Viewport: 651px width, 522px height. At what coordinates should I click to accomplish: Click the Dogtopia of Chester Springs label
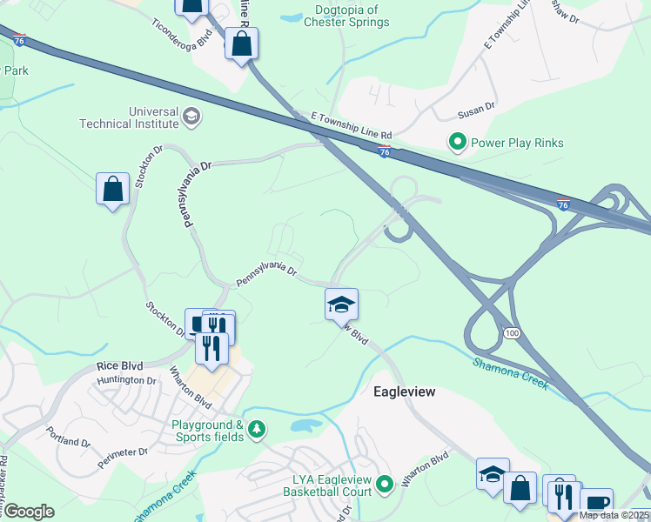click(346, 16)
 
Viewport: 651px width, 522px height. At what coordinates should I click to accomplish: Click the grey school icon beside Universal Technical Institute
click(191, 116)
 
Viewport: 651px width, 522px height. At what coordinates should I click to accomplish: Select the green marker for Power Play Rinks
click(455, 141)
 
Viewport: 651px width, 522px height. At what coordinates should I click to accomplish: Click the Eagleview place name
click(404, 392)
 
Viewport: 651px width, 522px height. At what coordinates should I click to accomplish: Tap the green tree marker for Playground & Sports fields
click(257, 429)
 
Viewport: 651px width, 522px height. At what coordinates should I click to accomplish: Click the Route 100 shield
click(511, 333)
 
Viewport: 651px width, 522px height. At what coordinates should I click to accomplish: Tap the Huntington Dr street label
click(126, 380)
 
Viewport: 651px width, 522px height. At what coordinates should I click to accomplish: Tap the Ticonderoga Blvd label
click(182, 35)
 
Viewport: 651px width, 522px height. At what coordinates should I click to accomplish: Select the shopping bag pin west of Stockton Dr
click(113, 188)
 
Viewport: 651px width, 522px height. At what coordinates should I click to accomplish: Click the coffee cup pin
click(597, 503)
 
